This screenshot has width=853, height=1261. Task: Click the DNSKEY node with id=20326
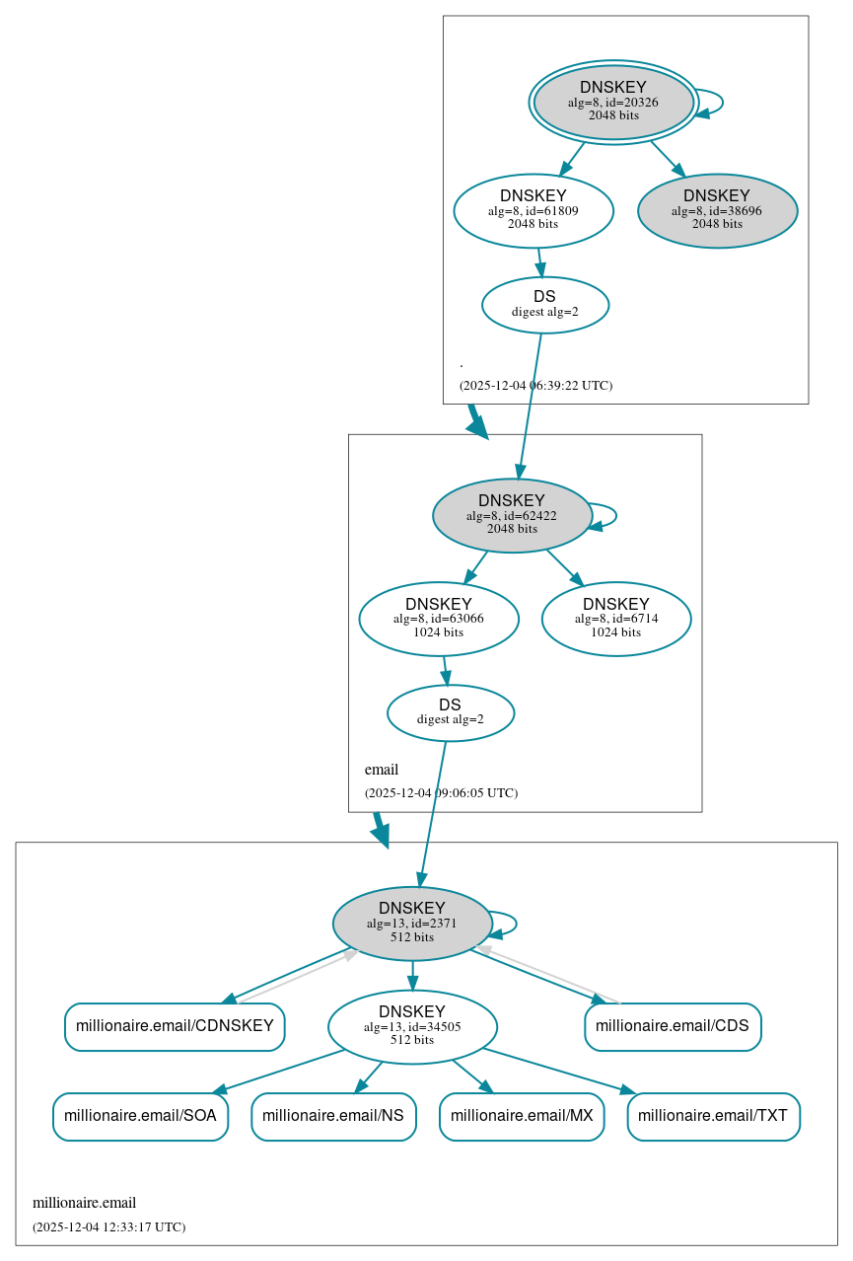pos(613,102)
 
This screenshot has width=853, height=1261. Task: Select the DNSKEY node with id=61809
pos(533,210)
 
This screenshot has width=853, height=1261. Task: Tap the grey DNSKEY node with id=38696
pos(717,210)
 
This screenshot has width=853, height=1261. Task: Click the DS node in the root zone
pos(544,305)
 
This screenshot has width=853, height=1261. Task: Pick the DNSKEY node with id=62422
pos(512,515)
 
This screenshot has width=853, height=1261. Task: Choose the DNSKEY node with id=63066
pos(439,619)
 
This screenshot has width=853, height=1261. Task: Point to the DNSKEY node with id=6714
pos(615,619)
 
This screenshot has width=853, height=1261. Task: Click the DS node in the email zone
pos(451,712)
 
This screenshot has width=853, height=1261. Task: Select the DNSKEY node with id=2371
pos(412,923)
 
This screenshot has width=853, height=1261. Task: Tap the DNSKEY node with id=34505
pos(412,1026)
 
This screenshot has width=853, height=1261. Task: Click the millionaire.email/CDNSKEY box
pos(175,1026)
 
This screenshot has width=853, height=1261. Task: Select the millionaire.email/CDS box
pos(673,1026)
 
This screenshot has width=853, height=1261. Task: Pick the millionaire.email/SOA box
pos(140,1116)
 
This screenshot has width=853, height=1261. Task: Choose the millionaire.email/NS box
pos(333,1116)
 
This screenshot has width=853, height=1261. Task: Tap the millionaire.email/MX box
pos(522,1116)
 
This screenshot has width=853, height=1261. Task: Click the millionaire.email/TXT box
pos(713,1116)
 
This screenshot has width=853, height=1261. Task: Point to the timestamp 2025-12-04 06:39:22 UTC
pos(535,385)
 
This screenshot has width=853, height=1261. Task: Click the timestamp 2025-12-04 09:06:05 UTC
pos(441,792)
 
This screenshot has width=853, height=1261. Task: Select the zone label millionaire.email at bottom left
pos(85,1203)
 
